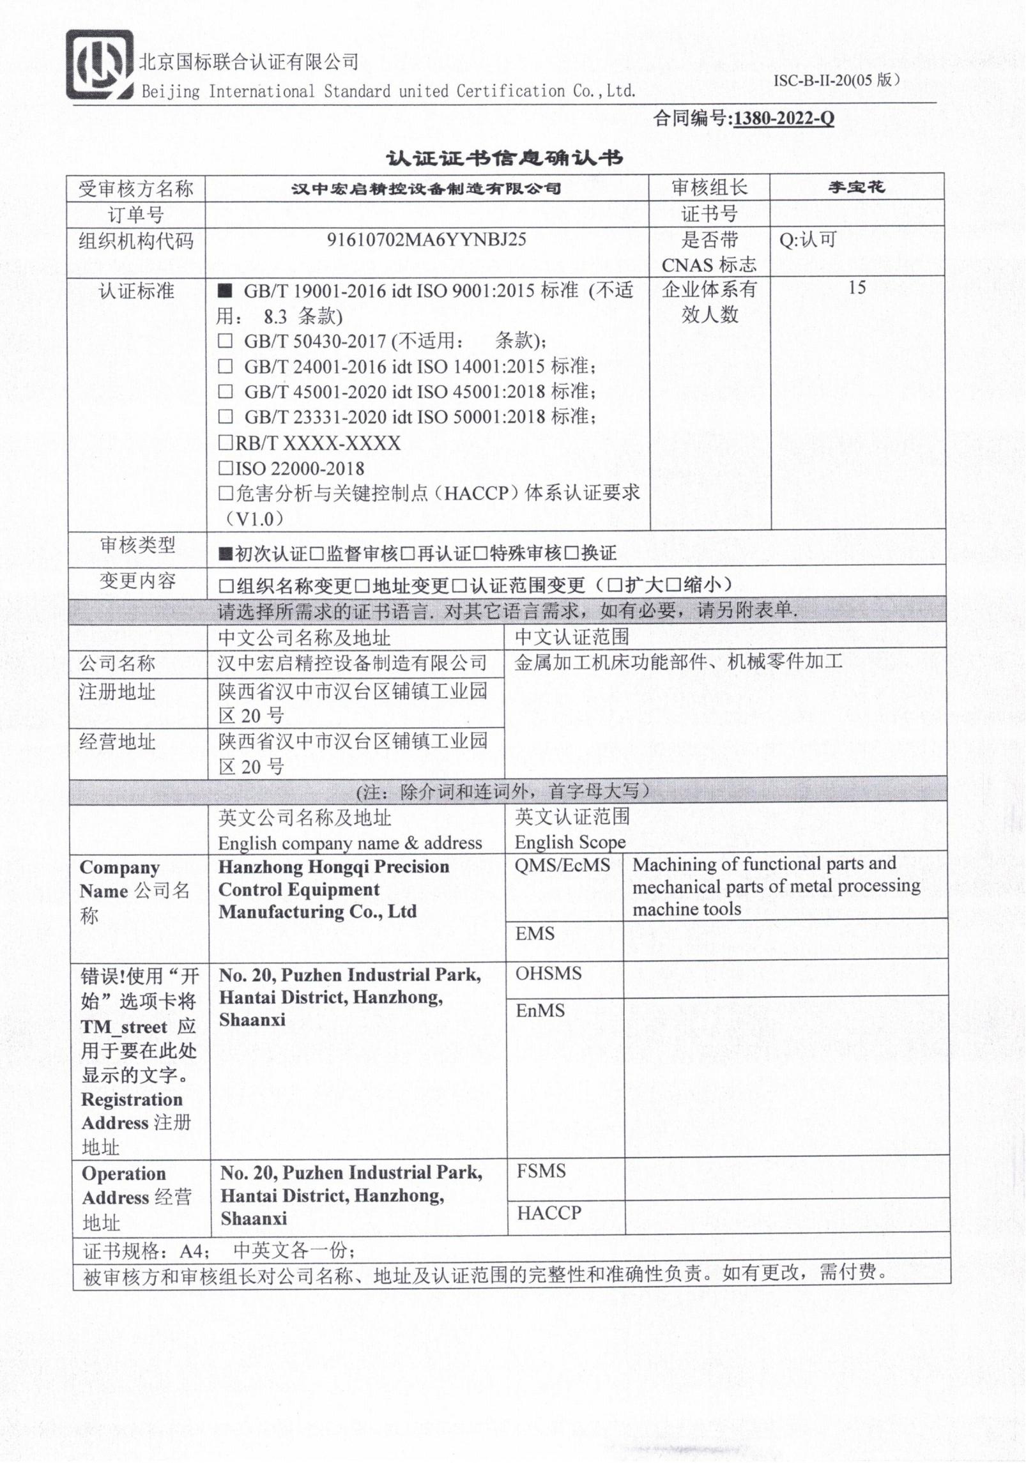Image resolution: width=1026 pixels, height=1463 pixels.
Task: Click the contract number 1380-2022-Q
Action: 783,119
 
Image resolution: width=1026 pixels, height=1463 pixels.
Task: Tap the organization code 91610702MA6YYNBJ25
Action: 426,240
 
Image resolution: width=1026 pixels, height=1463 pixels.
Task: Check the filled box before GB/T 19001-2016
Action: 224,291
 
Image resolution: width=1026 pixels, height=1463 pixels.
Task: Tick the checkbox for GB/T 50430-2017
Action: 225,341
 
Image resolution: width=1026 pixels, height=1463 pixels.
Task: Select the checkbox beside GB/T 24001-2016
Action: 225,367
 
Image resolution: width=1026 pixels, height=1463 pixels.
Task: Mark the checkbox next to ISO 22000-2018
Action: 226,468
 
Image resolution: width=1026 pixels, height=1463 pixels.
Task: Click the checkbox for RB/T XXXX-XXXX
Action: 226,443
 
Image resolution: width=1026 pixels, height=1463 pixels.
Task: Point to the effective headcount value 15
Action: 857,288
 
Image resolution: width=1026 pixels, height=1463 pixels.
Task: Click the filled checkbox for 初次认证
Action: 225,553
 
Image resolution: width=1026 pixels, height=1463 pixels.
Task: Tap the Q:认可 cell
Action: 808,240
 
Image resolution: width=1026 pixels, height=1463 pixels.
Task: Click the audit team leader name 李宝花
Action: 856,187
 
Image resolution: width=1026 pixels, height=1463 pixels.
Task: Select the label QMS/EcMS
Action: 562,865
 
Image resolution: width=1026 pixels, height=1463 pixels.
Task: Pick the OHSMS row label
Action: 548,974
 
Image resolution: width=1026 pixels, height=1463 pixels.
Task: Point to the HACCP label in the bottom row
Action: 549,1213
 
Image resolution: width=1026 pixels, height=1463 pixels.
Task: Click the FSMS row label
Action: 541,1171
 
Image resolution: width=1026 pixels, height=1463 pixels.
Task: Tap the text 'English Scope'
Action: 570,842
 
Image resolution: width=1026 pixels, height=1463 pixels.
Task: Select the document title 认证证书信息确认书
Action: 504,158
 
